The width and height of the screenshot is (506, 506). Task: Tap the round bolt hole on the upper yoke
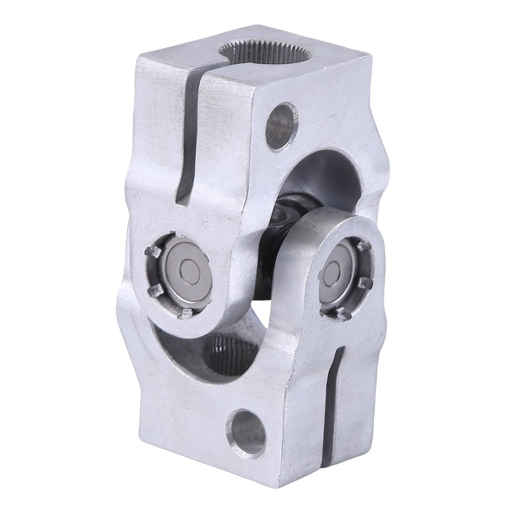[x=282, y=125]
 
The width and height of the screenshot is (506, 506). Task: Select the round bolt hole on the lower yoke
[x=246, y=432]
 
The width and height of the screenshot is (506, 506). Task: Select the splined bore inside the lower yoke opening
[x=230, y=354]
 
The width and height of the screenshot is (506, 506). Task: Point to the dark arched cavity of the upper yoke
[x=324, y=172]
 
